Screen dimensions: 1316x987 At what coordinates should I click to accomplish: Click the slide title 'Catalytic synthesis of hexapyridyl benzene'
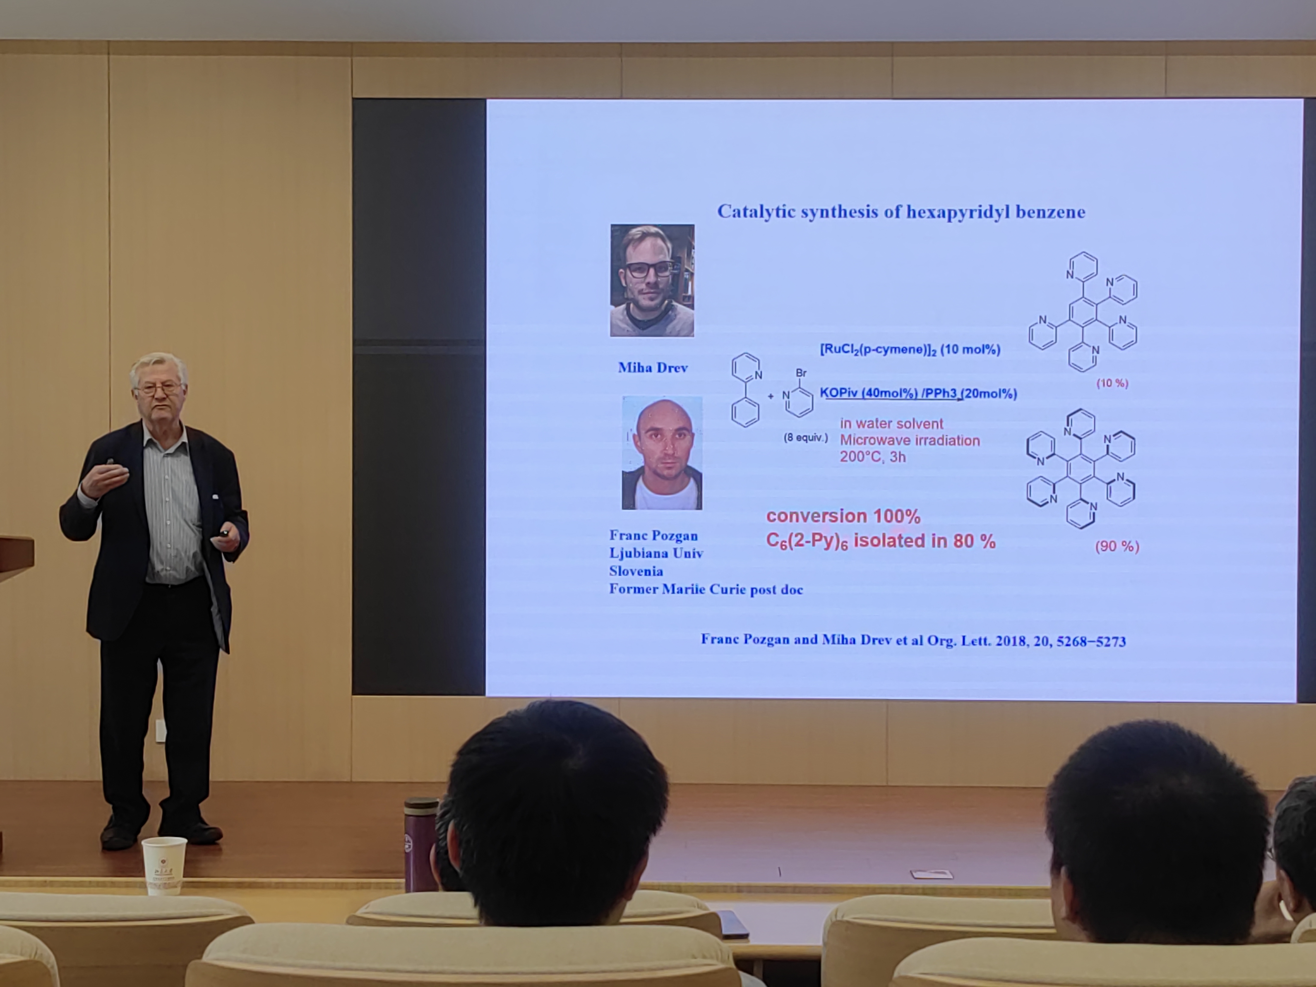(901, 212)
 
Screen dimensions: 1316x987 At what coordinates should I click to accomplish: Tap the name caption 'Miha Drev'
(653, 368)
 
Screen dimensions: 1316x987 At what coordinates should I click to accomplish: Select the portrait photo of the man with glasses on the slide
(652, 280)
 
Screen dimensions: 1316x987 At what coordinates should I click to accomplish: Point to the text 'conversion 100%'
(843, 516)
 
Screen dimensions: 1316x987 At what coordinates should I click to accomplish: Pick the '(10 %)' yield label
(1112, 383)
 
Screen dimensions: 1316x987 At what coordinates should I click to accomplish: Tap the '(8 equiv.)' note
(805, 438)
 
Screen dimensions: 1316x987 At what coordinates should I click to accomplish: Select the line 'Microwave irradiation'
(910, 440)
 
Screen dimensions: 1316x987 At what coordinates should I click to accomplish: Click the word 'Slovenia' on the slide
(636, 571)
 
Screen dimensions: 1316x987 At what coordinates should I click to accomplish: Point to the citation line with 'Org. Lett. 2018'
(913, 640)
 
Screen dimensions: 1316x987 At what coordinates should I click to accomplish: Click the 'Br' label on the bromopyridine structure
(801, 373)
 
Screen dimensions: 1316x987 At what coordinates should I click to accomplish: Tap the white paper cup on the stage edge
(164, 866)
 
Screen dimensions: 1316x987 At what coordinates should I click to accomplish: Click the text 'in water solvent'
(891, 423)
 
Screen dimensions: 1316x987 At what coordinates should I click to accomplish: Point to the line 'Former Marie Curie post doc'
(706, 590)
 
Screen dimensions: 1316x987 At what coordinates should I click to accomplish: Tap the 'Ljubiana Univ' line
(656, 553)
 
